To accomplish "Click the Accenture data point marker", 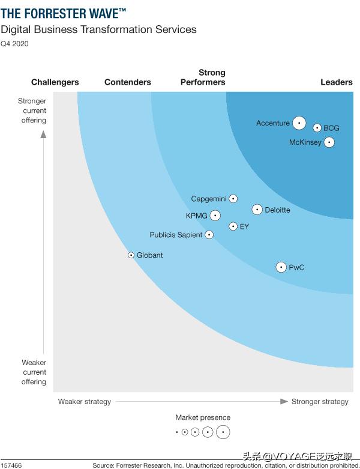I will pyautogui.click(x=299, y=123).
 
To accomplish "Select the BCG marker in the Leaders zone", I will pyautogui.click(x=317, y=127).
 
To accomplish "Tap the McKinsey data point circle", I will pyautogui.click(x=328, y=142).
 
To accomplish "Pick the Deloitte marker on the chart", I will pyautogui.click(x=257, y=210).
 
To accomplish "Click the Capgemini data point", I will pyautogui.click(x=233, y=199).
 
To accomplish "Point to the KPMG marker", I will pyautogui.click(x=215, y=216).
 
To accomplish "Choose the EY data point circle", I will pyautogui.click(x=233, y=226).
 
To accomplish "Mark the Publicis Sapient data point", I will pyautogui.click(x=209, y=235).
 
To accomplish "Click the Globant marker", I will pyautogui.click(x=131, y=255).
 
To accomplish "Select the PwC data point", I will pyautogui.click(x=281, y=267).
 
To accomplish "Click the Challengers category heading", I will pyautogui.click(x=55, y=82).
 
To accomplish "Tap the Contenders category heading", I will pyautogui.click(x=127, y=82).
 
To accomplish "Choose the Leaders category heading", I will pyautogui.click(x=337, y=82).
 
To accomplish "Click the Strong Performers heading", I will pyautogui.click(x=203, y=77).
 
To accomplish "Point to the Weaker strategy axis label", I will pyautogui.click(x=84, y=402).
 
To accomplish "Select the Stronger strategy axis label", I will pyautogui.click(x=320, y=402).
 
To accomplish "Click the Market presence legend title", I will pyautogui.click(x=203, y=417).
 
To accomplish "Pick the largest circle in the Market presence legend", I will pyautogui.click(x=223, y=432).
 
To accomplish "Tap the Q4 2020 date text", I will pyautogui.click(x=14, y=43).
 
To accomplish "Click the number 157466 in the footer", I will pyautogui.click(x=11, y=465).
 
